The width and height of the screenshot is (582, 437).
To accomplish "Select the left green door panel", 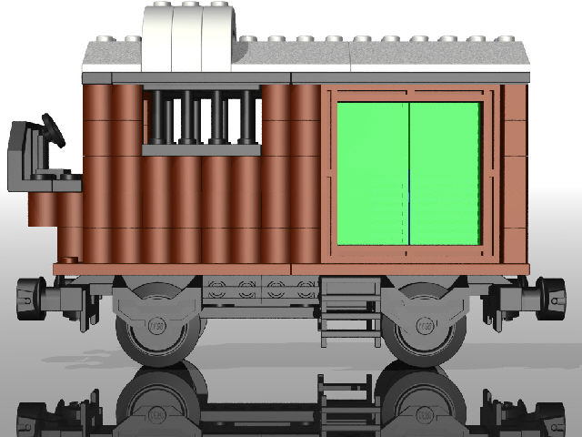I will pyautogui.click(x=373, y=173).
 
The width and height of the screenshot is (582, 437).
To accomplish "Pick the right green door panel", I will pyautogui.click(x=445, y=173).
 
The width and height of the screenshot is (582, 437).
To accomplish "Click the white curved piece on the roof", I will pyautogui.click(x=191, y=36).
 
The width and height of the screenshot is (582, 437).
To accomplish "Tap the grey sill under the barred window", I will pyautogui.click(x=201, y=149).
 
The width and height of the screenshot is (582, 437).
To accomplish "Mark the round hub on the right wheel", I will pyautogui.click(x=426, y=325).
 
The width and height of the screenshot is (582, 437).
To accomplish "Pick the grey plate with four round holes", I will pyautogui.click(x=259, y=290).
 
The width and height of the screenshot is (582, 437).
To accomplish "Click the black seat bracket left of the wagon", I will pyautogui.click(x=23, y=155).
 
